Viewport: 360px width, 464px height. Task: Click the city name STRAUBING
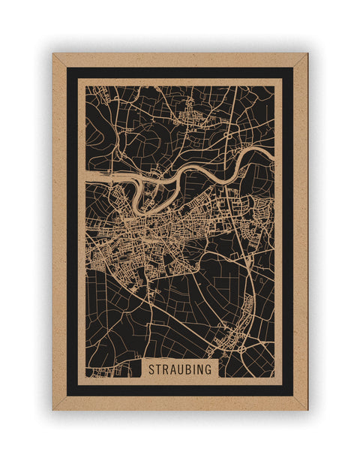[180, 369]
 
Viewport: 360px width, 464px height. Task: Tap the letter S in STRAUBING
[151, 369]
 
